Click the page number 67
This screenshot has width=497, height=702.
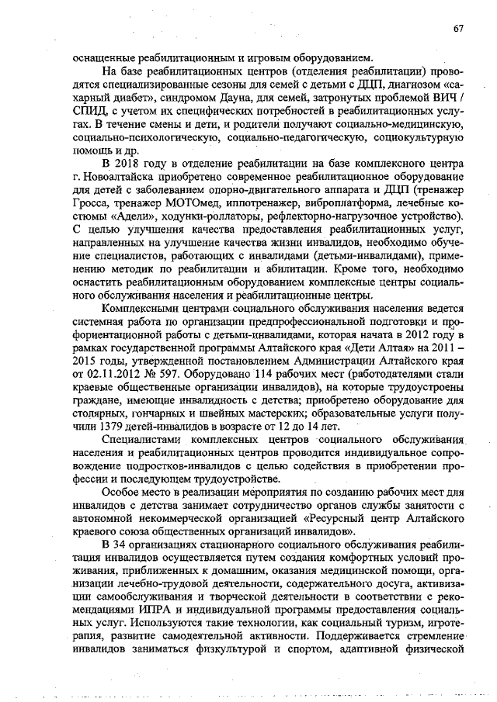pyautogui.click(x=458, y=29)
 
